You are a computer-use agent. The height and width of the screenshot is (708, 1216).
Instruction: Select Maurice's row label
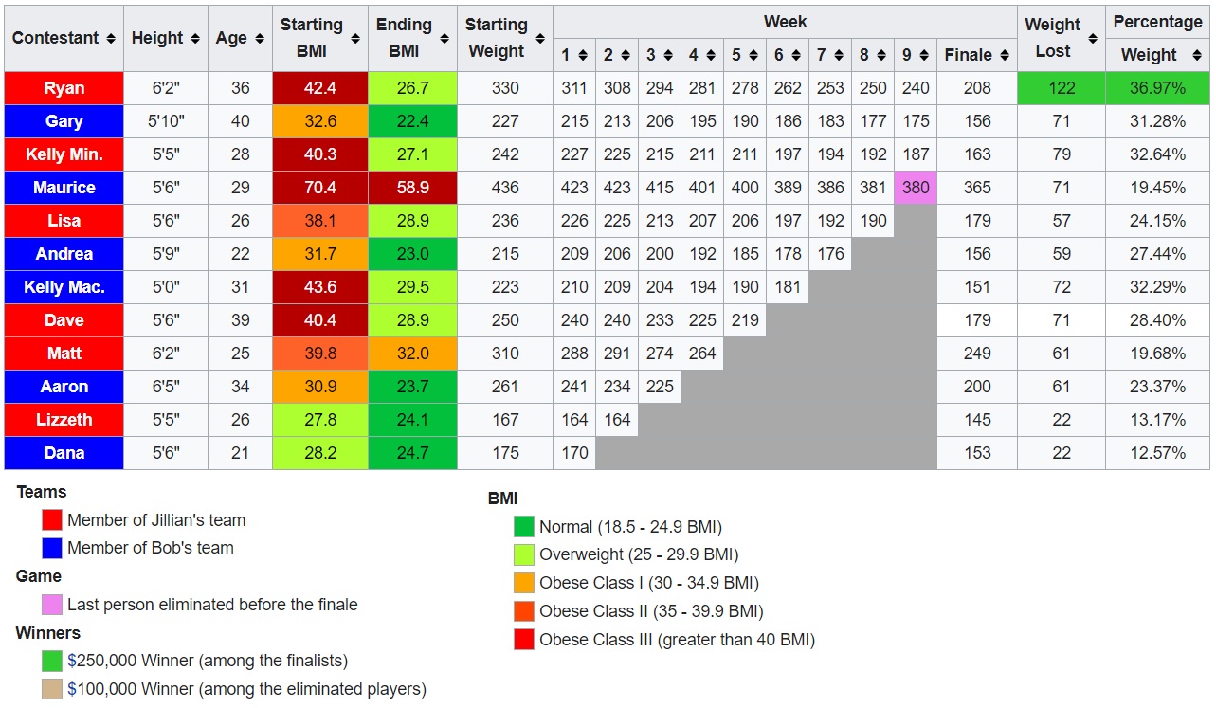(64, 188)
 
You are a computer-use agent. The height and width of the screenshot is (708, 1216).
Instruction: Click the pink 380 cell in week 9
(916, 188)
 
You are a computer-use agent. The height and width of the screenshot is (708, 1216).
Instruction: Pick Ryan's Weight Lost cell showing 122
(1062, 88)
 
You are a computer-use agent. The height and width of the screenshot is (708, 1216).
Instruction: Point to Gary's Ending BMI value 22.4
(412, 121)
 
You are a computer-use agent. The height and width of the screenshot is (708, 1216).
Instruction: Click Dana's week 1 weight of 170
(574, 453)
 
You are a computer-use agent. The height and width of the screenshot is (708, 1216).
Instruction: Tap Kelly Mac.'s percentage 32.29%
(1157, 287)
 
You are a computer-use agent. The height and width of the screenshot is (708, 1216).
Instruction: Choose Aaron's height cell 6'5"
(166, 387)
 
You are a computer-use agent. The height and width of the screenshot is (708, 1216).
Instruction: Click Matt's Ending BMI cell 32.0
(412, 354)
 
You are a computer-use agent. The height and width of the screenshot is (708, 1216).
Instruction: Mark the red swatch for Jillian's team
(52, 520)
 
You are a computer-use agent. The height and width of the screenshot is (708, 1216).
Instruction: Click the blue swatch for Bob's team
(52, 548)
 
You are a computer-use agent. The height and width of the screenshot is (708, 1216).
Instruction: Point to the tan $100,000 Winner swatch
(52, 689)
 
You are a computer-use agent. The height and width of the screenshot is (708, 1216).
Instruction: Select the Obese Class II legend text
(651, 611)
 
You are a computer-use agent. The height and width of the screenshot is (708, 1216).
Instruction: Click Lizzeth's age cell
(240, 420)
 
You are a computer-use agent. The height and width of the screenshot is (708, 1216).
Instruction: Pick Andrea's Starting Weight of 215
(505, 254)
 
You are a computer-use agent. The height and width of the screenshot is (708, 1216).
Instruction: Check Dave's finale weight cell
(976, 320)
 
